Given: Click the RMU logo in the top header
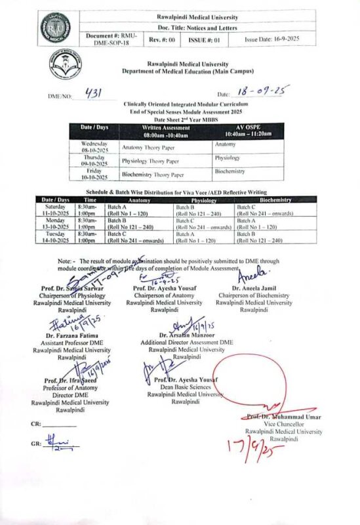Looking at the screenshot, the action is [x=61, y=28].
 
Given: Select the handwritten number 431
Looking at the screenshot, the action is [x=97, y=93].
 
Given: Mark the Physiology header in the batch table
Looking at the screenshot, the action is [x=204, y=199].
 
